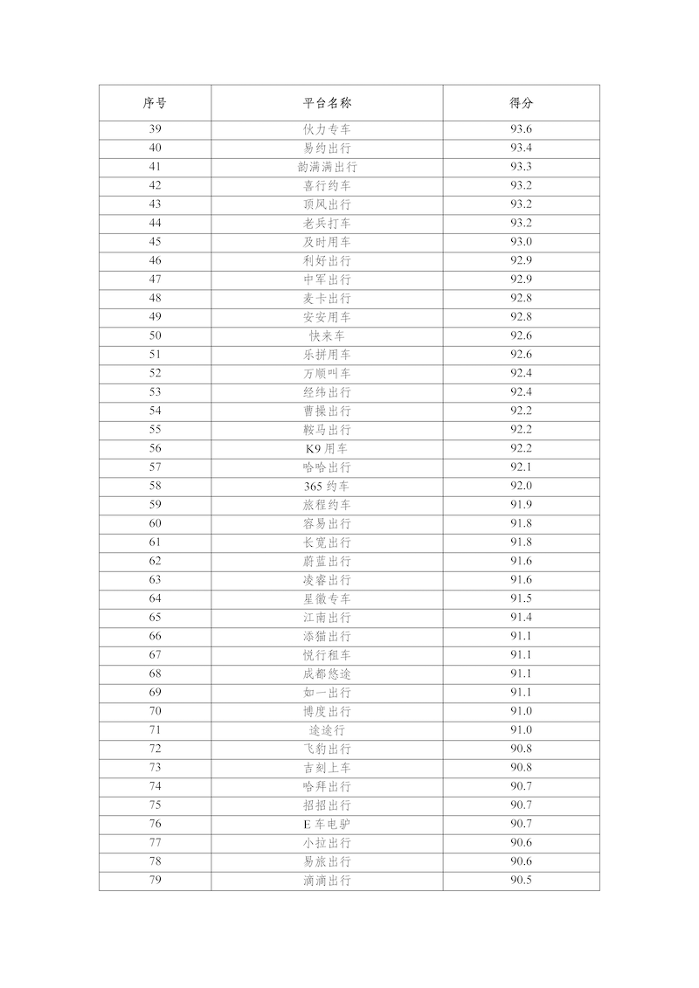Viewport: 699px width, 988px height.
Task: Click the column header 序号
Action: [x=155, y=103]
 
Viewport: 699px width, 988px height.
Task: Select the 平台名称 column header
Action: [x=327, y=103]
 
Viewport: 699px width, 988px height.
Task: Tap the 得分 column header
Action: [x=521, y=103]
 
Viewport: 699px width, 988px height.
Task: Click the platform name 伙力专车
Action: [x=327, y=129]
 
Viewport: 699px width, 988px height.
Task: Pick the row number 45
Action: [x=155, y=242]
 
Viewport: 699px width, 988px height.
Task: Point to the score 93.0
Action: [x=521, y=242]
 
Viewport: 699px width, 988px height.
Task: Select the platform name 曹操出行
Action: [x=327, y=411]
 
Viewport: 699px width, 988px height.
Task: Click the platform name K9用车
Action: [x=327, y=448]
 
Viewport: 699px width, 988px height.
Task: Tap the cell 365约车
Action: [x=327, y=486]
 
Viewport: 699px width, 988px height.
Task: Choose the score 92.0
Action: [x=521, y=486]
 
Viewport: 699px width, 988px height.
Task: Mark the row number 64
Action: [x=155, y=598]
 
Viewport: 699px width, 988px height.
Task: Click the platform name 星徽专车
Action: [x=327, y=598]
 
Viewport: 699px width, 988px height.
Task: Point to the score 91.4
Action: [x=521, y=618]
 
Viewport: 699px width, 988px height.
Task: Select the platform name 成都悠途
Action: [x=327, y=674]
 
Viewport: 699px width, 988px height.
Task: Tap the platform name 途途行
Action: [x=327, y=730]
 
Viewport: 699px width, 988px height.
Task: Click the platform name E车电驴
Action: [x=327, y=824]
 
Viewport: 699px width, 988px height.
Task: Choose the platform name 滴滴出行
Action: [x=327, y=881]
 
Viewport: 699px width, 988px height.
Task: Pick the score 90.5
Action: [x=521, y=881]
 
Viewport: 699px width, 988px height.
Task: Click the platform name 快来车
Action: [x=327, y=335]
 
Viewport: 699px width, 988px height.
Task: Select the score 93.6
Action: [x=521, y=129]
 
